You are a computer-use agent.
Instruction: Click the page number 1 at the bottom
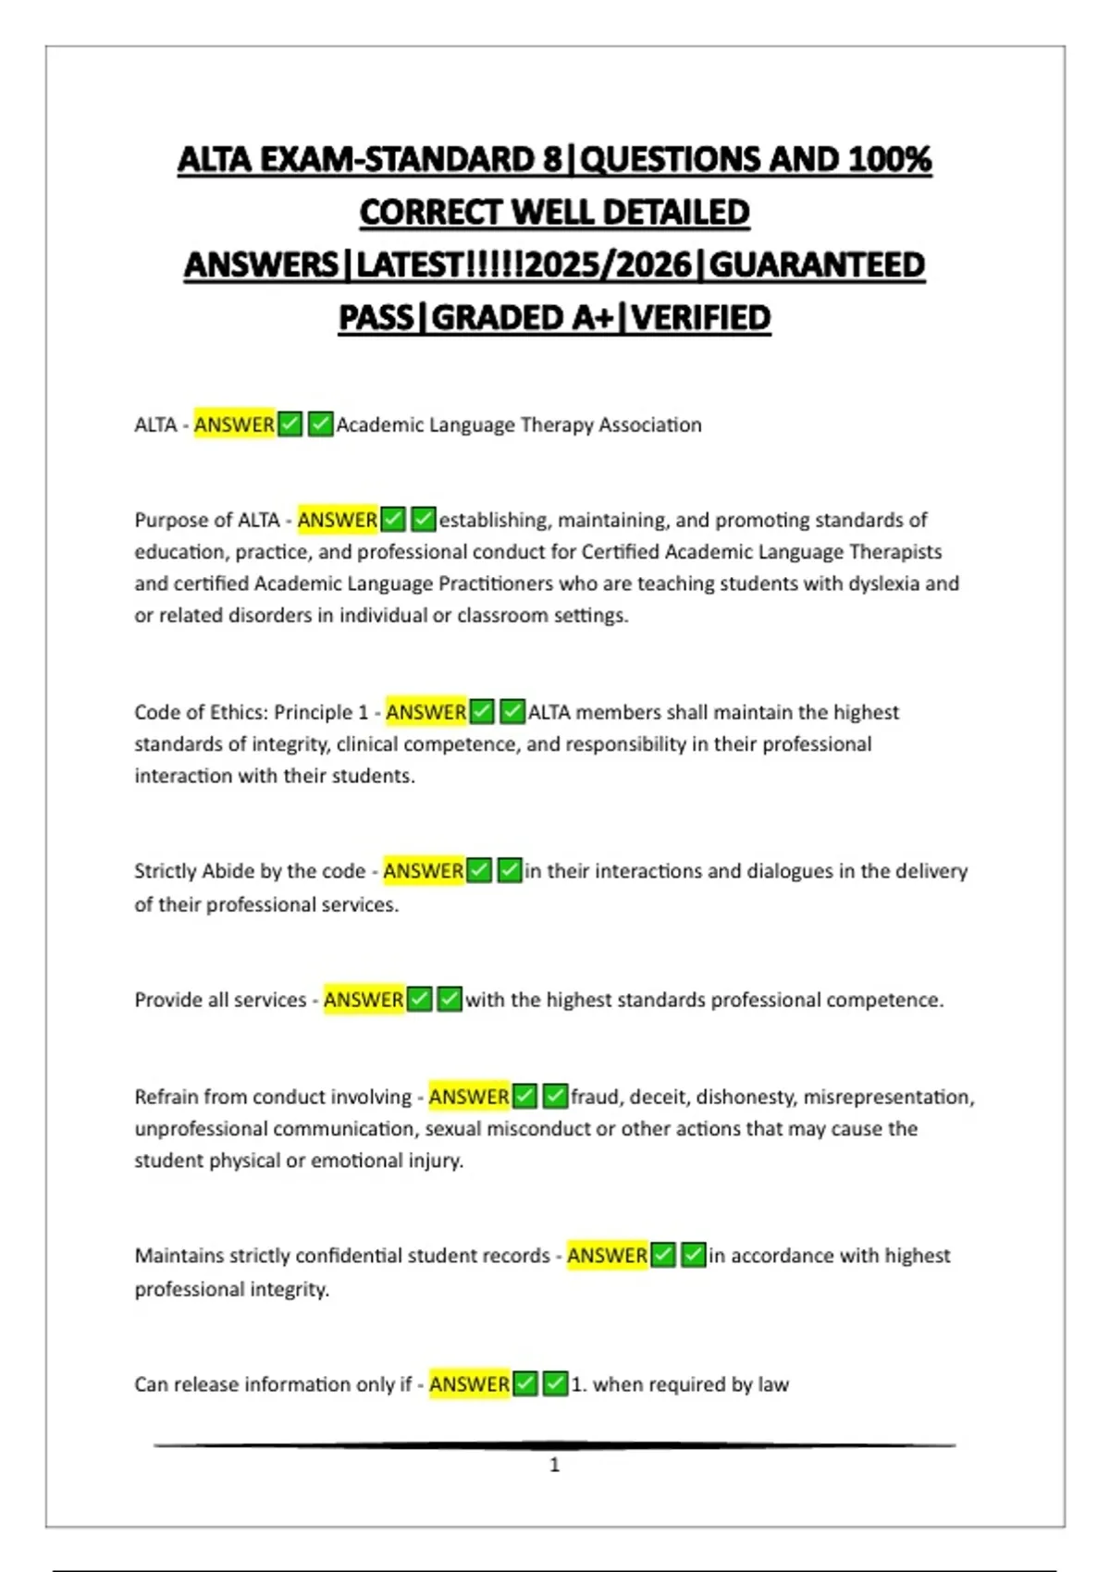click(x=554, y=1465)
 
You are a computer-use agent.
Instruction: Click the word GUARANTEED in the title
click(x=817, y=265)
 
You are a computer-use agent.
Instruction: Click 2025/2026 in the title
click(x=607, y=265)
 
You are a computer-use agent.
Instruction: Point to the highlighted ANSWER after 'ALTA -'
click(x=234, y=424)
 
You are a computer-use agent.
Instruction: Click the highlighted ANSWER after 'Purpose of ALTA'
click(x=337, y=520)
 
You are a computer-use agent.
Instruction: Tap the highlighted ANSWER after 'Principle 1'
click(x=425, y=712)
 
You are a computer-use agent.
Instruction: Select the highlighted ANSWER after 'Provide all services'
click(x=364, y=1000)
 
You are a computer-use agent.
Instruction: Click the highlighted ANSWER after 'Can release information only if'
click(x=469, y=1384)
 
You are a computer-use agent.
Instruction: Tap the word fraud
click(x=595, y=1097)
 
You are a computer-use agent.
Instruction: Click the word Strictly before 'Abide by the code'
click(x=165, y=871)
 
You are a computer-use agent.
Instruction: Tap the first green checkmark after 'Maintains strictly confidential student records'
click(x=663, y=1256)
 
